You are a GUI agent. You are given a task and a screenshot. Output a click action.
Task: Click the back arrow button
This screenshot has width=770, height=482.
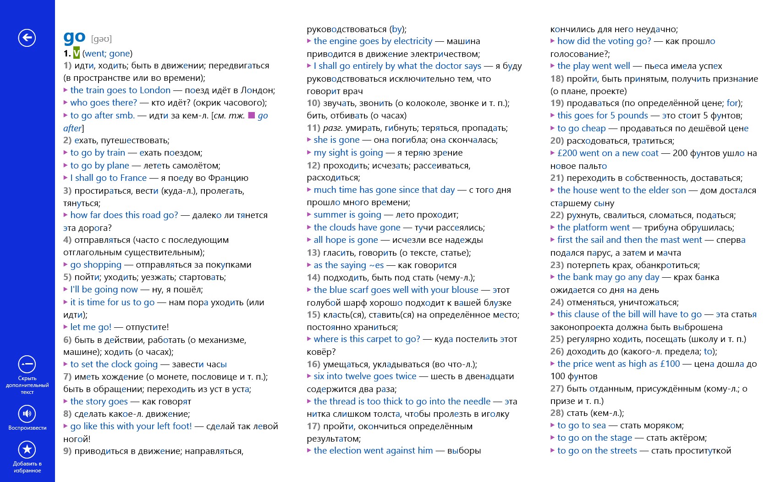[27, 38]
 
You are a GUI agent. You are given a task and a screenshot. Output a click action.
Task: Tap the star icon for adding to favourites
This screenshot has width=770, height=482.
[27, 449]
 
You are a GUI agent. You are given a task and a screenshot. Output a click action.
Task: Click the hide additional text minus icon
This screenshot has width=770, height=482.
[27, 364]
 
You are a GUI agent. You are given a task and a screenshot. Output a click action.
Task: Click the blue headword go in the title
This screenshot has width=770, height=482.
[74, 37]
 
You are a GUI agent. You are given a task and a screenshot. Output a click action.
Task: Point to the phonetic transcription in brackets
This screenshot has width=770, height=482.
[101, 39]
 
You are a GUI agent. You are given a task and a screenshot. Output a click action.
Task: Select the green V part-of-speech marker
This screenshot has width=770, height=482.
[77, 53]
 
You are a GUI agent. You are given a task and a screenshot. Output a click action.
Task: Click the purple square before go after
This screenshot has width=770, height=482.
[251, 115]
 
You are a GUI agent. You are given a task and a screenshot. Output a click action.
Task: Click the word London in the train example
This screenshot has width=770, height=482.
[155, 90]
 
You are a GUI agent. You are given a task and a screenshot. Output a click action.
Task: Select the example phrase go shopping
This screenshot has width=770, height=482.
[96, 265]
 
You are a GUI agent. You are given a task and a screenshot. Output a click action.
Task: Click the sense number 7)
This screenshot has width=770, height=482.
[67, 376]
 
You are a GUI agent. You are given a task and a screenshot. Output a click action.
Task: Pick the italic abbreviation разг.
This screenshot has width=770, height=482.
[333, 128]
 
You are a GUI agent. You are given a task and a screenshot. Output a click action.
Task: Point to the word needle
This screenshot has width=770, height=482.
[476, 402]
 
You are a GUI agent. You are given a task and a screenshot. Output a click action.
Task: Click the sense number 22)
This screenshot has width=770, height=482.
[557, 215]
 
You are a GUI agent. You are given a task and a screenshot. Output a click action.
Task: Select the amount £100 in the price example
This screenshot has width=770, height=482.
[670, 364]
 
